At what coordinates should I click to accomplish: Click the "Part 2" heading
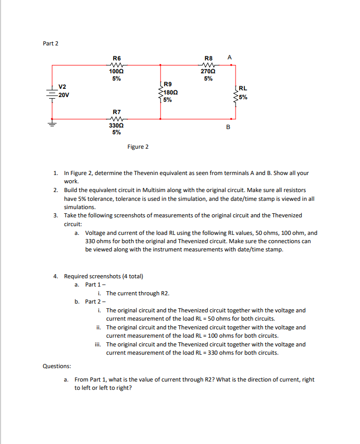click(x=50, y=43)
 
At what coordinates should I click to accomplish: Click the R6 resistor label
click(x=117, y=59)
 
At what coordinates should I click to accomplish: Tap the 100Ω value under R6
click(x=117, y=72)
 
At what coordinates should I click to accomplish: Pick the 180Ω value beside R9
click(x=171, y=92)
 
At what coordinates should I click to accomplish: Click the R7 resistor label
click(x=117, y=112)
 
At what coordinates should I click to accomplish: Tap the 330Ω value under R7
click(x=117, y=125)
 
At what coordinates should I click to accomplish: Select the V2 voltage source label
click(x=62, y=86)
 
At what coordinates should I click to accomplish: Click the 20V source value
click(x=64, y=95)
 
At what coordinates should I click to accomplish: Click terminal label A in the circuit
click(x=229, y=58)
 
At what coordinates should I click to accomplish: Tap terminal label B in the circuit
click(x=228, y=126)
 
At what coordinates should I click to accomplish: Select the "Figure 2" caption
click(x=137, y=147)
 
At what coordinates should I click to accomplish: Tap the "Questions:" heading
click(x=57, y=366)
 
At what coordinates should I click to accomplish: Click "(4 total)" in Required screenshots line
click(x=131, y=276)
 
